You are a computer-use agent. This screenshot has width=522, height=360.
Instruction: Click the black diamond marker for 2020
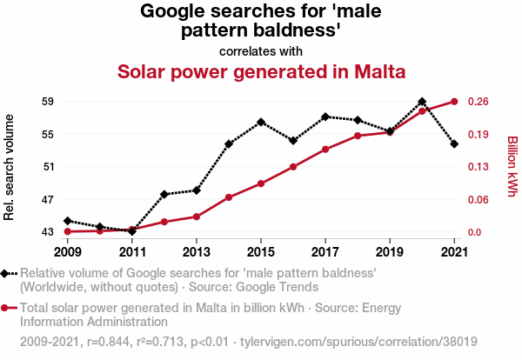422,102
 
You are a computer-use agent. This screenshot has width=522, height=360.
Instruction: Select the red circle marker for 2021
454,102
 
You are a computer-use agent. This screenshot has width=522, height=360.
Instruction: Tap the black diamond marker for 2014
229,144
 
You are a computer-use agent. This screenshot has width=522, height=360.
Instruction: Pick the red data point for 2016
293,167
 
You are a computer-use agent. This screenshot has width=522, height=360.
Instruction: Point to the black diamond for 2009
68,221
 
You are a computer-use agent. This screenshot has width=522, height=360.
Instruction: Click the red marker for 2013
197,217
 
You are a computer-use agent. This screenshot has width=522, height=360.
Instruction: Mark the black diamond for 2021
454,144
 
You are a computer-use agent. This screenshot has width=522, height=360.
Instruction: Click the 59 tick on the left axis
48,102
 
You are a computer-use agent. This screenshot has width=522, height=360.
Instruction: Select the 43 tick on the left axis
48,232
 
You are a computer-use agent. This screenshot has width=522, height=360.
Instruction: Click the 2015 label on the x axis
261,252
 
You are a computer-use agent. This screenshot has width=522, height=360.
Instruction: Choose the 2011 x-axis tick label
132,252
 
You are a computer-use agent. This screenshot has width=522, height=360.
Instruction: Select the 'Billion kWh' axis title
512,167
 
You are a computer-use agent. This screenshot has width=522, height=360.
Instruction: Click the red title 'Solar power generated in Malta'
261,71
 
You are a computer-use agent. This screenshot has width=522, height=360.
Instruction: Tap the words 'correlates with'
261,50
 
